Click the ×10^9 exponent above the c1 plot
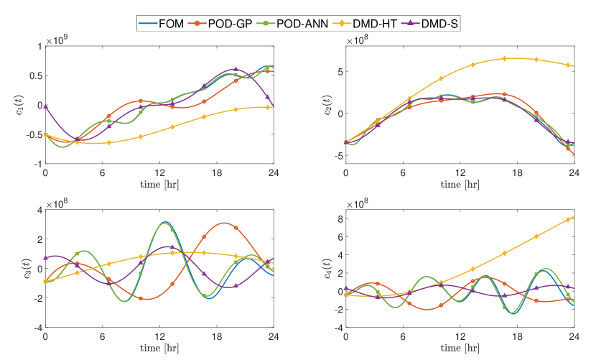[x=58, y=41]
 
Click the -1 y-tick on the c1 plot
[x=37, y=165]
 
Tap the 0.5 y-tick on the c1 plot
[x=34, y=76]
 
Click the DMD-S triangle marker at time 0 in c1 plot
[x=45, y=106]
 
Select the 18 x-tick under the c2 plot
[x=517, y=173]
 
